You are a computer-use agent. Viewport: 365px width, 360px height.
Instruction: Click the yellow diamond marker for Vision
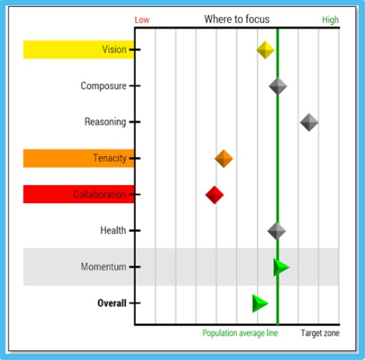coord(265,50)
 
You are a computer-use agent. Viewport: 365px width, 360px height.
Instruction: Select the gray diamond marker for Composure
coord(278,86)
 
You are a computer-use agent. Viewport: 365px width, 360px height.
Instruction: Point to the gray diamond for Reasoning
coord(309,123)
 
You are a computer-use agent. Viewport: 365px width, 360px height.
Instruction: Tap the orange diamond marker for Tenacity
coord(223,159)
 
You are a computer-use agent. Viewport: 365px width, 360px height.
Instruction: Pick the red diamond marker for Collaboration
coord(214,195)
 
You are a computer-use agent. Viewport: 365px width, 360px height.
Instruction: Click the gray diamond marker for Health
coord(277,231)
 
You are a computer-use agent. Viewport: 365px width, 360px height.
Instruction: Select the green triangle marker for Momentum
coord(282,267)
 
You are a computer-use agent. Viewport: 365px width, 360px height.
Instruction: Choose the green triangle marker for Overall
coord(260,304)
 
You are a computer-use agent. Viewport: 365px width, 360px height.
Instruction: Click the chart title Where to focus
coord(237,19)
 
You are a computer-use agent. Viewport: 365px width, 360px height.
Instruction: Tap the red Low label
coord(142,20)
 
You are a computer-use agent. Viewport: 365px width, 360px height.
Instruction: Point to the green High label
coord(331,20)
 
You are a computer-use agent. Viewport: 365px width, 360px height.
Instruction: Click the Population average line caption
coord(240,333)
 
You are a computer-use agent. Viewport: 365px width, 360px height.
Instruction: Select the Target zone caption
coord(320,333)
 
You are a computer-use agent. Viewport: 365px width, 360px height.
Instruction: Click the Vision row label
coord(114,50)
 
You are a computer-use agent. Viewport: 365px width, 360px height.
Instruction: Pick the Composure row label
coord(103,86)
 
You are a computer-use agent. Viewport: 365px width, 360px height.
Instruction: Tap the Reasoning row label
coord(105,122)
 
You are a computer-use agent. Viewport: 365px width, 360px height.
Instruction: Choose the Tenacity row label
coord(110,158)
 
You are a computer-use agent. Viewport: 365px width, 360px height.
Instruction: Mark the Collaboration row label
coord(100,194)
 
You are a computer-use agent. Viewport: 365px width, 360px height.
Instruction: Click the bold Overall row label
coord(112,303)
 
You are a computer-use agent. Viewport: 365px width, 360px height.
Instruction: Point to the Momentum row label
coord(103,266)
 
